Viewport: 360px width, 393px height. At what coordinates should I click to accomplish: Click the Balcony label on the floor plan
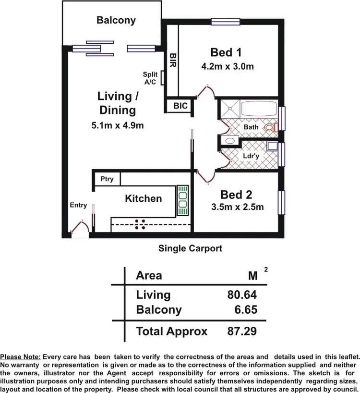(116, 20)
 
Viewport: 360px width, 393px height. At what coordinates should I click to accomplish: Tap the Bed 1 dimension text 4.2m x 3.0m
(227, 67)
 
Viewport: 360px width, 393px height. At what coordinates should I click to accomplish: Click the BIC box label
(180, 106)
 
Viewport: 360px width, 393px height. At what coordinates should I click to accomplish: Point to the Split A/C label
(150, 78)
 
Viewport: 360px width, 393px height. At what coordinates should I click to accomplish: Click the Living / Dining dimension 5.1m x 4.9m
(118, 125)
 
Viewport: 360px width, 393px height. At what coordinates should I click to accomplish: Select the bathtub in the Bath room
(258, 108)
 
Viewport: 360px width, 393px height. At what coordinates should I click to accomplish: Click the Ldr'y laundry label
(252, 157)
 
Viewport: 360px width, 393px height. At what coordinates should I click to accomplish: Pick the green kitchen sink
(183, 201)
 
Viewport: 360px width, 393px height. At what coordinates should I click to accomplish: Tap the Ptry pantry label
(107, 179)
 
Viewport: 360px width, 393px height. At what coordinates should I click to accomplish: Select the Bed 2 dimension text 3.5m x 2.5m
(238, 208)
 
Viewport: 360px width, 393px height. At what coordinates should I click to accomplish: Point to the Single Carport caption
(190, 248)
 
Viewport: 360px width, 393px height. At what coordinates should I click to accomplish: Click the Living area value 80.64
(242, 295)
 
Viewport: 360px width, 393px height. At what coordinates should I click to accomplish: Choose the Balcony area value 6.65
(245, 310)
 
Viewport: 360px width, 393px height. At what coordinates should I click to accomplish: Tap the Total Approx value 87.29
(242, 331)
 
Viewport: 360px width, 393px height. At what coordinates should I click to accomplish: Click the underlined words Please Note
(21, 357)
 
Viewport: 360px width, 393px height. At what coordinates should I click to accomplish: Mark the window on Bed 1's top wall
(226, 21)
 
